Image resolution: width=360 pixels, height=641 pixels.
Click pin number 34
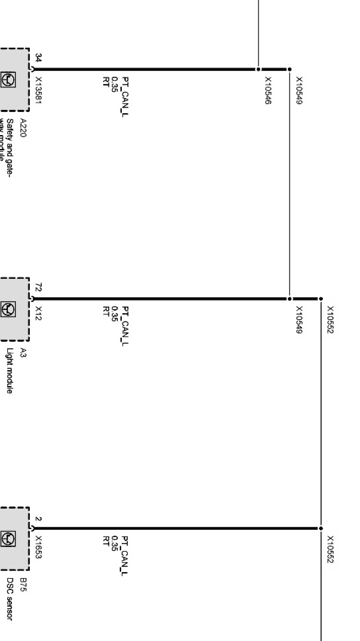click(39, 58)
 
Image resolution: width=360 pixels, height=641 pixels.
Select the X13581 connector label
click(39, 90)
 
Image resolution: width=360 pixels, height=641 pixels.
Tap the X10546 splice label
click(268, 90)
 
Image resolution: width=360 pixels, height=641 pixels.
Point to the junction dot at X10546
click(259, 69)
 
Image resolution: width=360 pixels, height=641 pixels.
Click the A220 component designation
click(23, 128)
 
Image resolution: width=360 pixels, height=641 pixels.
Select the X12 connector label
click(39, 313)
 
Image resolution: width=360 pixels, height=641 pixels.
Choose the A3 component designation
click(23, 353)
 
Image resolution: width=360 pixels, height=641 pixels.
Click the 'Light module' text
click(10, 371)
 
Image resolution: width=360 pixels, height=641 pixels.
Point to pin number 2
click(39, 519)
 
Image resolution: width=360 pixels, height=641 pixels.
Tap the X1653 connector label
click(39, 547)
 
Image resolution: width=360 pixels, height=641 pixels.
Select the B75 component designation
click(23, 585)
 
